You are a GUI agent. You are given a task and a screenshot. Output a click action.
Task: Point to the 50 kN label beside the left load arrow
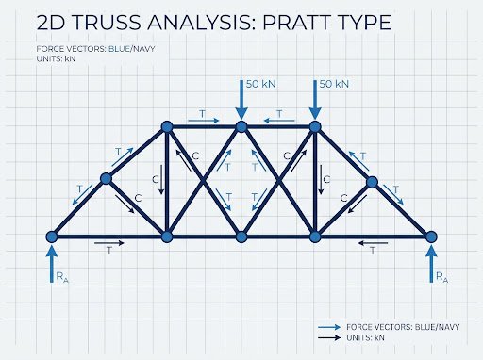tap(260, 84)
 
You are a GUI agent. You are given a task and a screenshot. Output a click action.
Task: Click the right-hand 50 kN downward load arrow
tap(315, 100)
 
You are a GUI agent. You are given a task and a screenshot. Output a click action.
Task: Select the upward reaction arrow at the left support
tap(52, 263)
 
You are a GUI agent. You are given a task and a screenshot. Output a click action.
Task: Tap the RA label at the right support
tap(441, 277)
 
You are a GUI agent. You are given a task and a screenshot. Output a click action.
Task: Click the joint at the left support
tap(52, 237)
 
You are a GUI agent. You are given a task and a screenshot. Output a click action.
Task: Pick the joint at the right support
tap(431, 237)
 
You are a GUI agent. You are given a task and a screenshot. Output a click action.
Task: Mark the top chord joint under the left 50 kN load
tap(241, 126)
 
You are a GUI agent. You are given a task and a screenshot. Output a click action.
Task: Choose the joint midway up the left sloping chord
tap(106, 178)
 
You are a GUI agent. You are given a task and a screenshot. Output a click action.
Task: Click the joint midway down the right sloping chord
tap(372, 182)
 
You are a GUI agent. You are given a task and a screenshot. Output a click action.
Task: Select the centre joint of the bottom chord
tap(241, 237)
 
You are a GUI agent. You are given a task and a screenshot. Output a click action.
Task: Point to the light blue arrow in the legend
tap(329, 327)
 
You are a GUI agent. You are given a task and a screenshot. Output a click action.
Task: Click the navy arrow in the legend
tap(329, 337)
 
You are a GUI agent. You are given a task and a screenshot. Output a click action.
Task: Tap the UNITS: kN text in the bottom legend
tap(365, 337)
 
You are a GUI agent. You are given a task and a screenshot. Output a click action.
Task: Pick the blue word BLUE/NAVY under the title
tap(131, 49)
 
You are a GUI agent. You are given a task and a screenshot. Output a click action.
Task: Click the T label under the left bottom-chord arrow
tap(109, 251)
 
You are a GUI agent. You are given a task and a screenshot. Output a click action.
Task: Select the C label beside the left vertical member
tap(156, 179)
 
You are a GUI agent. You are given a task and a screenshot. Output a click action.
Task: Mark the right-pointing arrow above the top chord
tap(203, 121)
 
